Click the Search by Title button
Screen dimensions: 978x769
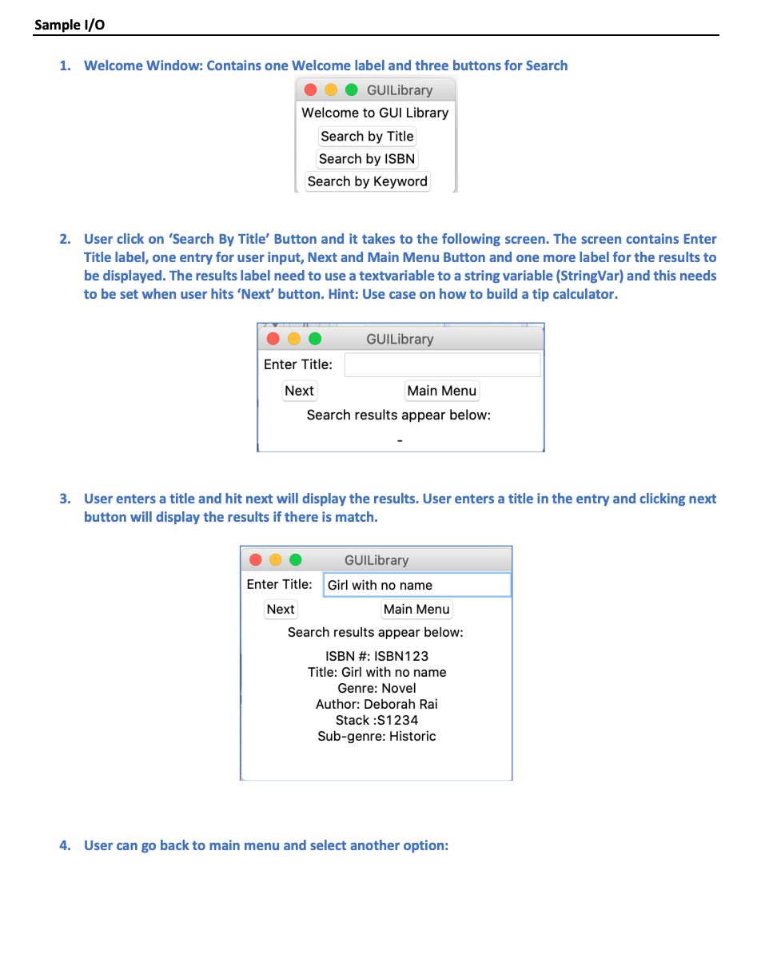coord(367,137)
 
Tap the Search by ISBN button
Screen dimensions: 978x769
coord(367,159)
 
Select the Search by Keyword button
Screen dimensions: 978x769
coord(367,181)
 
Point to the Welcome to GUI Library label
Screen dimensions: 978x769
coord(375,113)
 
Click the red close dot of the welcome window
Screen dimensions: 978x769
coord(311,90)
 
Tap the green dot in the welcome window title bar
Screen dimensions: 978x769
coord(351,90)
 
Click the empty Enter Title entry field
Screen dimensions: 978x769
coord(442,365)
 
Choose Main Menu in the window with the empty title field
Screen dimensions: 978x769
coord(441,391)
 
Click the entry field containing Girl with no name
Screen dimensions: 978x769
coord(416,585)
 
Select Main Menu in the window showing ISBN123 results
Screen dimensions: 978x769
coord(416,609)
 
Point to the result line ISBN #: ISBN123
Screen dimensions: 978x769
coord(377,656)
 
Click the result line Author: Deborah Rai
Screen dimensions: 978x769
coord(377,704)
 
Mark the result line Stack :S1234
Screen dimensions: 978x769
coord(377,720)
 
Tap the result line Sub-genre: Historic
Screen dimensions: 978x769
coord(377,736)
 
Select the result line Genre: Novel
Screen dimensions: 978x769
coord(377,688)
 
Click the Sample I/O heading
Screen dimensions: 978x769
coord(70,25)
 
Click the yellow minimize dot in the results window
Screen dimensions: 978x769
coord(276,560)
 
